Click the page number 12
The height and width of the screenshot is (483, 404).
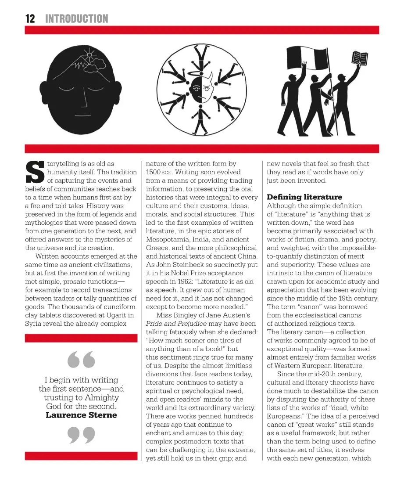click(x=30, y=18)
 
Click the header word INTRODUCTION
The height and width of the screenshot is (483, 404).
click(x=77, y=18)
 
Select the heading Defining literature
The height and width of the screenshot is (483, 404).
click(x=304, y=197)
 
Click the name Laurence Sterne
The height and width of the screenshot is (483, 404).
click(x=81, y=415)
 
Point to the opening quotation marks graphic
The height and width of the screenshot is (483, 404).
click(x=82, y=359)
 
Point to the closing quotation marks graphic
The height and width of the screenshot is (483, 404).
click(x=82, y=435)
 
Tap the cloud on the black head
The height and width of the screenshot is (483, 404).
click(x=95, y=66)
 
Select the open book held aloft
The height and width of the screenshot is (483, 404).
click(x=360, y=58)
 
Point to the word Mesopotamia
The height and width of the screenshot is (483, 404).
click(x=168, y=240)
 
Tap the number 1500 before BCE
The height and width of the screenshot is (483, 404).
click(x=155, y=172)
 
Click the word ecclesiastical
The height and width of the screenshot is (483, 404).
click(x=311, y=315)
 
